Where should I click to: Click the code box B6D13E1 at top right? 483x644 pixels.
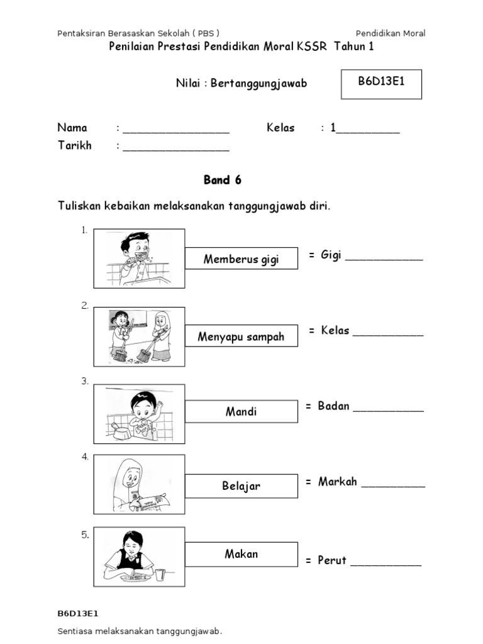point(381,84)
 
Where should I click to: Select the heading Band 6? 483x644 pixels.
point(222,180)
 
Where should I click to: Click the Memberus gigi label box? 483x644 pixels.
point(241,258)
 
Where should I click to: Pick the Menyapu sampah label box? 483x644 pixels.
point(241,336)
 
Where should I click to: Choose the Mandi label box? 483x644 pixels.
point(241,412)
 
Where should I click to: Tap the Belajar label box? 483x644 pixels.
point(241,486)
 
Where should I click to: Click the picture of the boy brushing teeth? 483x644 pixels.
point(139,257)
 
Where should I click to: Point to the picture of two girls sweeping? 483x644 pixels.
point(139,336)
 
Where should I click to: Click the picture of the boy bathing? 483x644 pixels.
point(139,414)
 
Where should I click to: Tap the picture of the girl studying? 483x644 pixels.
point(139,485)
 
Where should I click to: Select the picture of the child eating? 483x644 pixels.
point(139,557)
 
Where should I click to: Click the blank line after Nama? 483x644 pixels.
point(176,130)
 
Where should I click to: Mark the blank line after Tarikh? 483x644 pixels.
point(176,148)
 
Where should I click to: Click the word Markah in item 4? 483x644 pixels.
point(338,482)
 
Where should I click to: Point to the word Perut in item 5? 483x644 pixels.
point(332,560)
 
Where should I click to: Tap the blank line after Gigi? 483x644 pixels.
point(384,258)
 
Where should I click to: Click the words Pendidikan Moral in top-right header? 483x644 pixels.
point(391,33)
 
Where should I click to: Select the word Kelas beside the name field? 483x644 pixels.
point(280,128)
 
